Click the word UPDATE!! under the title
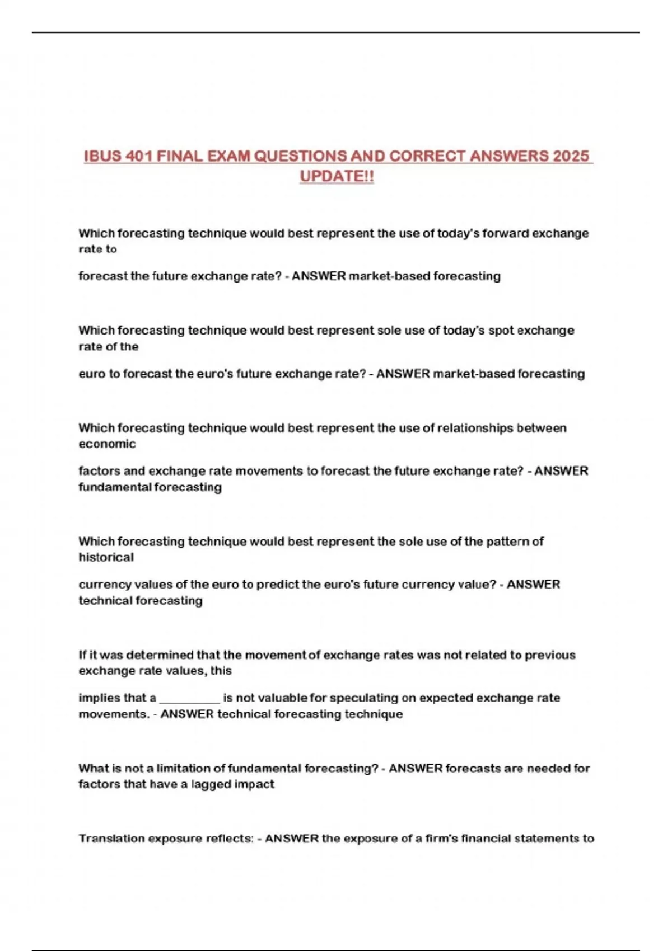337,176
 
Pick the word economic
107,444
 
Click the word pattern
507,542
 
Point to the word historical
106,558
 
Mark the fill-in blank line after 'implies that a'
189,699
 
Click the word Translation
111,839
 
